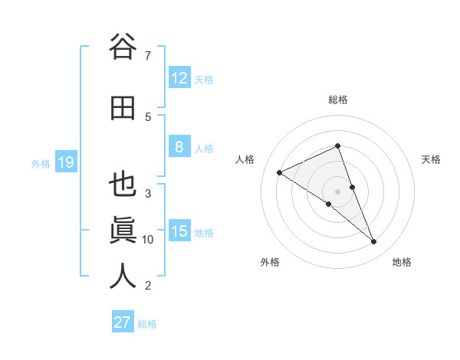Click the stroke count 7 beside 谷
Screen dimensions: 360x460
pos(148,56)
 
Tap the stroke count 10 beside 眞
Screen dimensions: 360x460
pos(148,240)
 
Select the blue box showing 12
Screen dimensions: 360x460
pos(179,78)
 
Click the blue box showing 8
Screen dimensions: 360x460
pos(179,147)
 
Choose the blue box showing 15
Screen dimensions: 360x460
pos(179,231)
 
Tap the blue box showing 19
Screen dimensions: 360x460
pos(66,162)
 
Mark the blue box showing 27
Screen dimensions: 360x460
pos(123,322)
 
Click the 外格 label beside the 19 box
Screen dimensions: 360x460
pos(40,163)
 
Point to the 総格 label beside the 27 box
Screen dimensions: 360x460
pos(147,324)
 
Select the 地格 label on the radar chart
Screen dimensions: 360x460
pos(402,263)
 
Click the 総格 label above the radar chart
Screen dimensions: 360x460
pos(337,100)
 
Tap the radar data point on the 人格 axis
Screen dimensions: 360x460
pos(279,172)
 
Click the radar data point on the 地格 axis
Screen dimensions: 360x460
pos(373,241)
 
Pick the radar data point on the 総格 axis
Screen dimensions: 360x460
pos(337,146)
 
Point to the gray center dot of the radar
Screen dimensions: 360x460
pos(337,191)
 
